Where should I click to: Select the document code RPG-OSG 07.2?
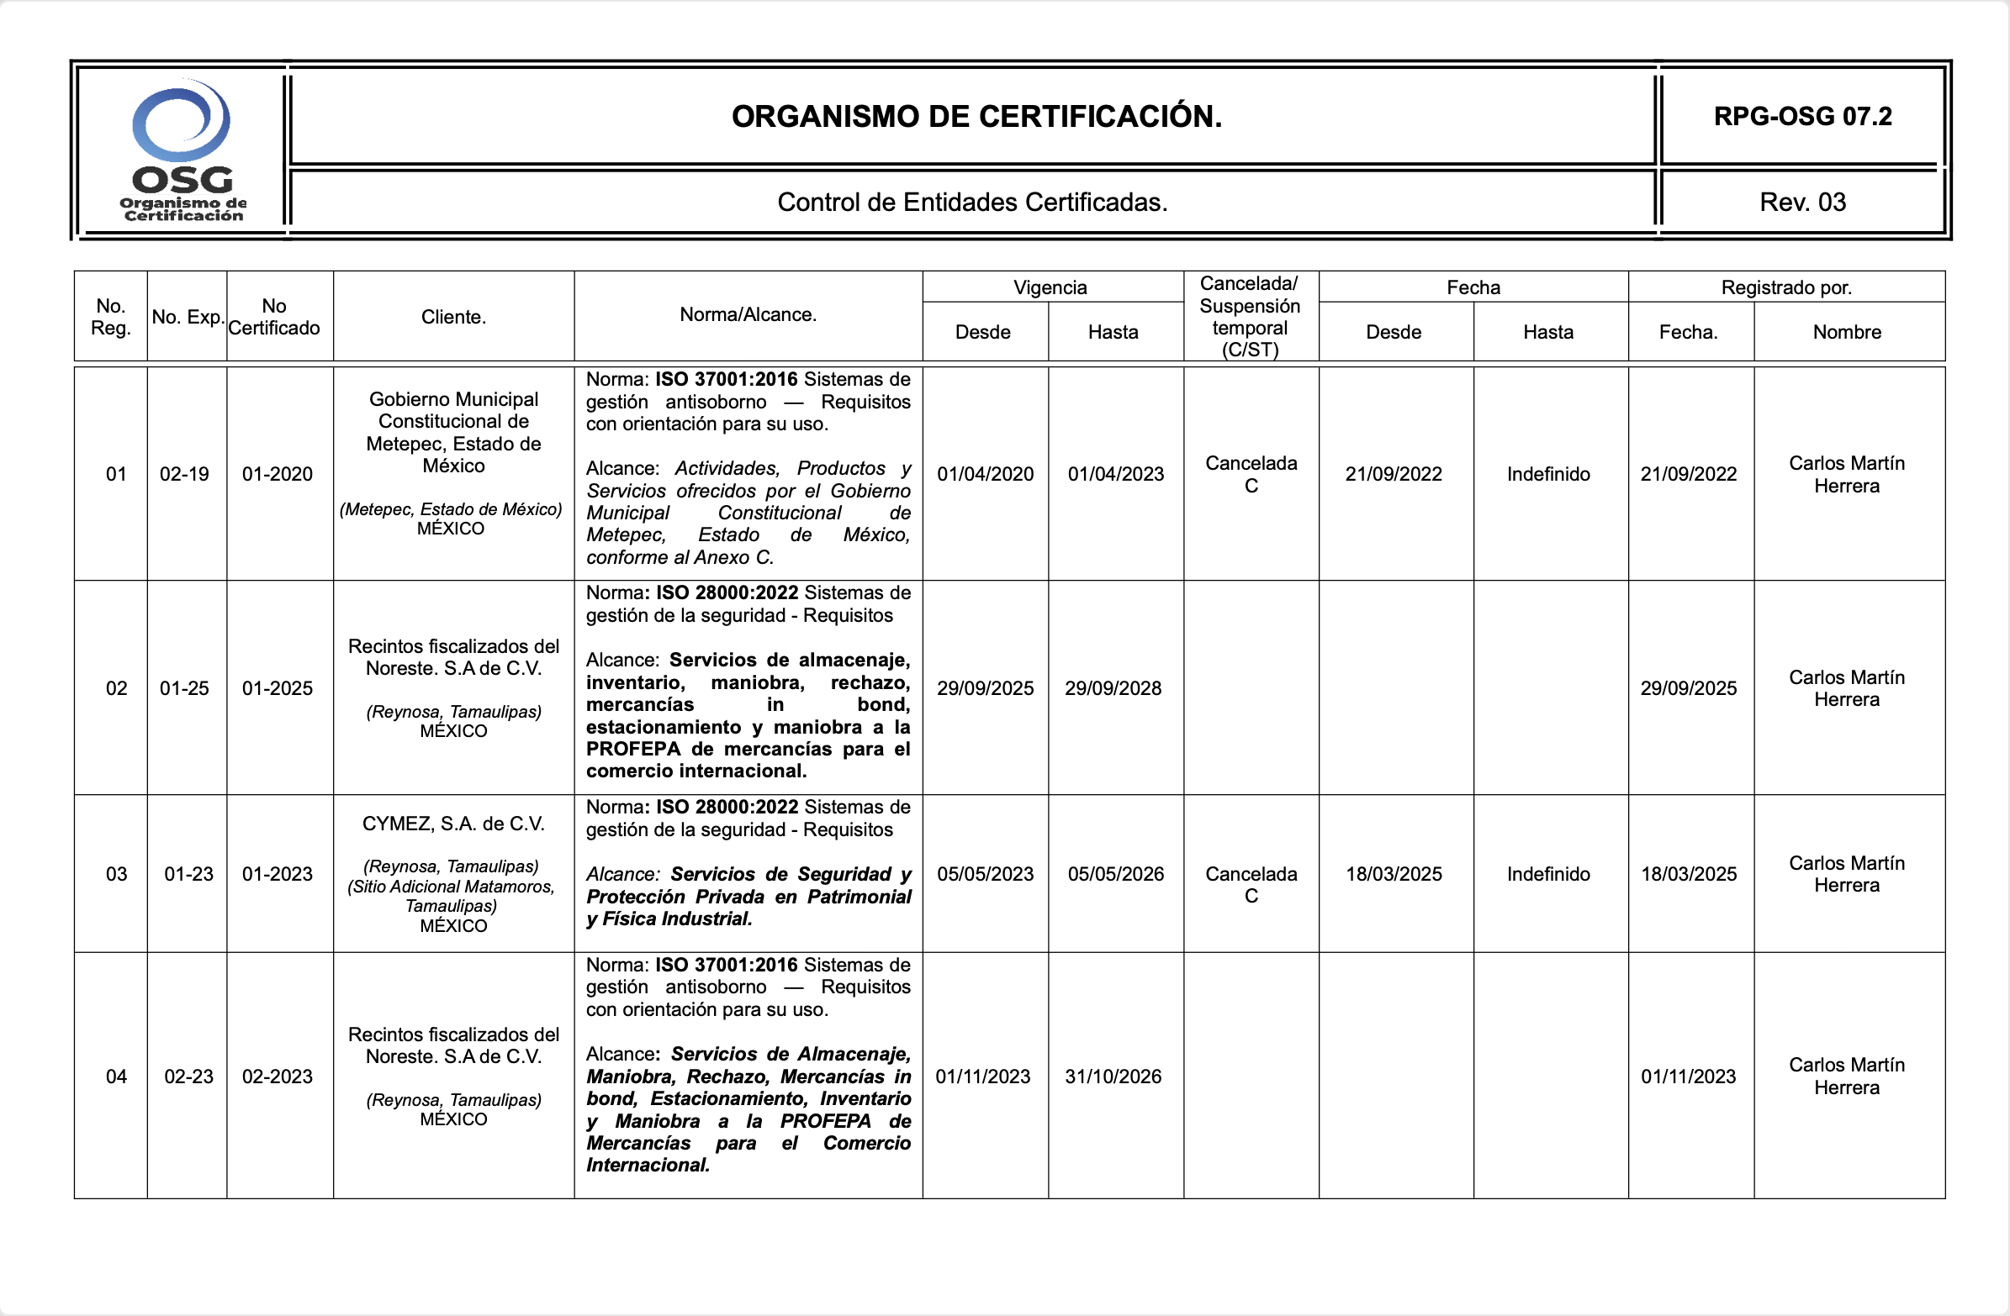click(x=1802, y=117)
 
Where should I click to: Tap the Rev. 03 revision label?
click(x=1802, y=203)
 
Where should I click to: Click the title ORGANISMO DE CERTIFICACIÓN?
click(x=976, y=117)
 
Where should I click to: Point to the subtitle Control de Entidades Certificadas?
click(x=972, y=203)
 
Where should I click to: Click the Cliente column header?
click(x=453, y=318)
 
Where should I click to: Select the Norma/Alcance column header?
click(x=748, y=315)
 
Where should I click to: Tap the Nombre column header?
click(x=1846, y=333)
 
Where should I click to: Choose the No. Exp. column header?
click(x=188, y=318)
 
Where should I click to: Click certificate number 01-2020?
click(x=277, y=475)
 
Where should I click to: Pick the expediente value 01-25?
click(x=184, y=689)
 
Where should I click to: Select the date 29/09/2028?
click(x=1113, y=689)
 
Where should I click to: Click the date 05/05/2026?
click(x=1115, y=875)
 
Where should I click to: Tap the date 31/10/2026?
click(x=1113, y=1077)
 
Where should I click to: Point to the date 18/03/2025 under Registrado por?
click(x=1688, y=875)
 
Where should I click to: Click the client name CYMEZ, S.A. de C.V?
click(x=453, y=824)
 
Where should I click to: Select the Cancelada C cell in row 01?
click(x=1251, y=475)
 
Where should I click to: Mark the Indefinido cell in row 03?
click(x=1548, y=875)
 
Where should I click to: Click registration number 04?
click(x=117, y=1077)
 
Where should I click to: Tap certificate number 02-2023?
click(x=277, y=1077)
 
